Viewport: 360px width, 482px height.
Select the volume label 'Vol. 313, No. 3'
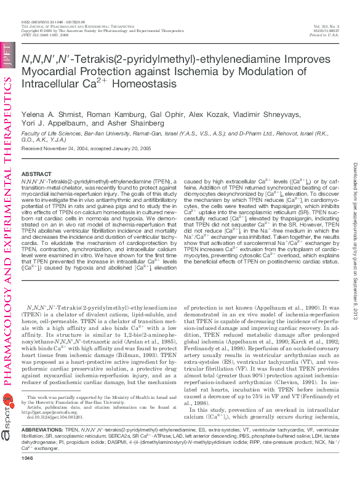coord(326,26)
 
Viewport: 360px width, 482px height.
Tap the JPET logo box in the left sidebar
coord(7,55)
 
